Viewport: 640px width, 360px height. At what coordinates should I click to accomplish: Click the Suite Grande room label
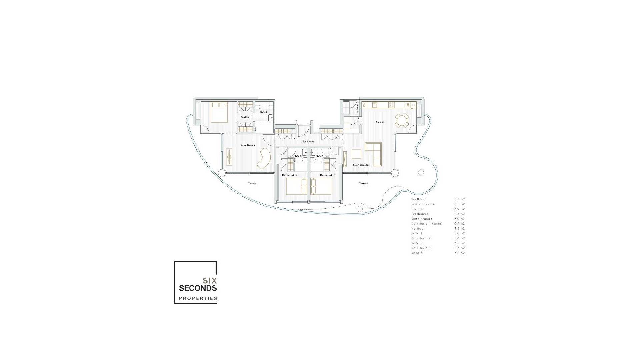[248, 145]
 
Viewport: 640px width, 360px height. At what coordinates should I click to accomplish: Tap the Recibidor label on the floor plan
[308, 142]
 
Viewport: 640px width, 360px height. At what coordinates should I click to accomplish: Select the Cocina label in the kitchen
[380, 122]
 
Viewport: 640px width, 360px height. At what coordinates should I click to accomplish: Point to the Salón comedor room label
[361, 165]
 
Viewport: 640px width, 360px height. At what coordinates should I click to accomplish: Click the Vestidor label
[245, 117]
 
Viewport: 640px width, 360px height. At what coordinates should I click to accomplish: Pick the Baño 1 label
[263, 113]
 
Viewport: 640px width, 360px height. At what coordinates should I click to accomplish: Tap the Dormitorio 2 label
[289, 175]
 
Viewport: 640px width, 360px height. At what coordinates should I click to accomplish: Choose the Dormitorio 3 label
[327, 175]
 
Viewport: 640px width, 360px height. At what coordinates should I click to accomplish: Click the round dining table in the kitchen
[402, 120]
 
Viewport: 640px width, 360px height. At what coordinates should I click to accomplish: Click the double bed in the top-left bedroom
[219, 112]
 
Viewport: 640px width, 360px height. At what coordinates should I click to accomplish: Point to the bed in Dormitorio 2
[296, 186]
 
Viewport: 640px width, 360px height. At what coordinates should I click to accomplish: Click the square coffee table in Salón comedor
[356, 154]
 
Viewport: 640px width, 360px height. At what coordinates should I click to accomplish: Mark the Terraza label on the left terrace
[252, 184]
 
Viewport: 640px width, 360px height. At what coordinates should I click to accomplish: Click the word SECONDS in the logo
[198, 288]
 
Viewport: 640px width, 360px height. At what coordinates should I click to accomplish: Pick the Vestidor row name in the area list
[418, 229]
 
